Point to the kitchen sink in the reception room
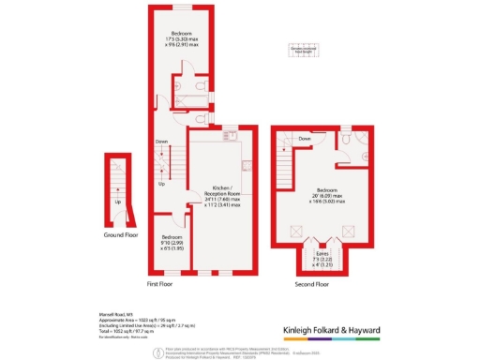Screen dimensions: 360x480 coord(225,137)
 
